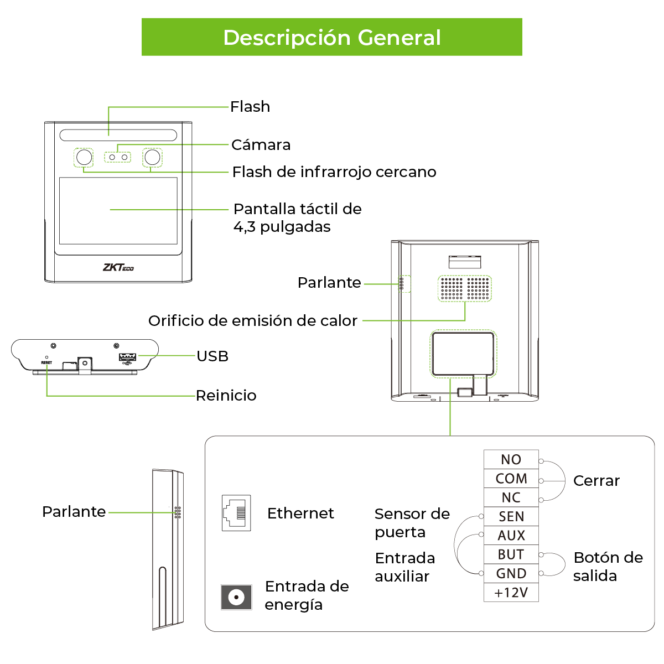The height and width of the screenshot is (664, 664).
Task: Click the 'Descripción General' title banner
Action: (332, 37)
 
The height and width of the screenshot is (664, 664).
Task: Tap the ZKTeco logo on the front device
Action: (118, 267)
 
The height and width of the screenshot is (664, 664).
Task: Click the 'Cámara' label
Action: (261, 145)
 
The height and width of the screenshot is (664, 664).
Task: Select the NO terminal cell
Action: (511, 460)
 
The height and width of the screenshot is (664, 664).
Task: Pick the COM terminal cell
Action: (511, 479)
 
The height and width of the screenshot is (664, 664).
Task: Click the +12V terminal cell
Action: (511, 593)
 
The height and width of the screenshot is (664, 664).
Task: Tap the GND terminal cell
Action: (511, 574)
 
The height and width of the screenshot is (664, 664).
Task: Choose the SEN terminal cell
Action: (511, 517)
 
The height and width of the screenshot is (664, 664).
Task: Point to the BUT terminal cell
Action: (511, 554)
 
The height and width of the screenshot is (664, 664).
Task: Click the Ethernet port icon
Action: (236, 513)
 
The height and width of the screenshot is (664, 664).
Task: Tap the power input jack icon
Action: (236, 598)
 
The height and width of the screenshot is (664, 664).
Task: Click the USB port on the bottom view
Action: (127, 357)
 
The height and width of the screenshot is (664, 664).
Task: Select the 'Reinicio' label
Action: (226, 396)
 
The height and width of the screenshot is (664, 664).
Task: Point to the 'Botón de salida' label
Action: (608, 567)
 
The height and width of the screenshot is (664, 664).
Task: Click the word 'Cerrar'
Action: (596, 481)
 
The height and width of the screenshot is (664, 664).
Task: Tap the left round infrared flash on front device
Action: (84, 158)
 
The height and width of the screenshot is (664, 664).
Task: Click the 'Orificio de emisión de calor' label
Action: (252, 321)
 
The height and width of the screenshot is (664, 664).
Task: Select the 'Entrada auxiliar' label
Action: (404, 567)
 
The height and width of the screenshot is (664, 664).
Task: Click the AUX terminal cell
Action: (511, 536)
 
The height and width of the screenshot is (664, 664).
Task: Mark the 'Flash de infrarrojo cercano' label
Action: (334, 172)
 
